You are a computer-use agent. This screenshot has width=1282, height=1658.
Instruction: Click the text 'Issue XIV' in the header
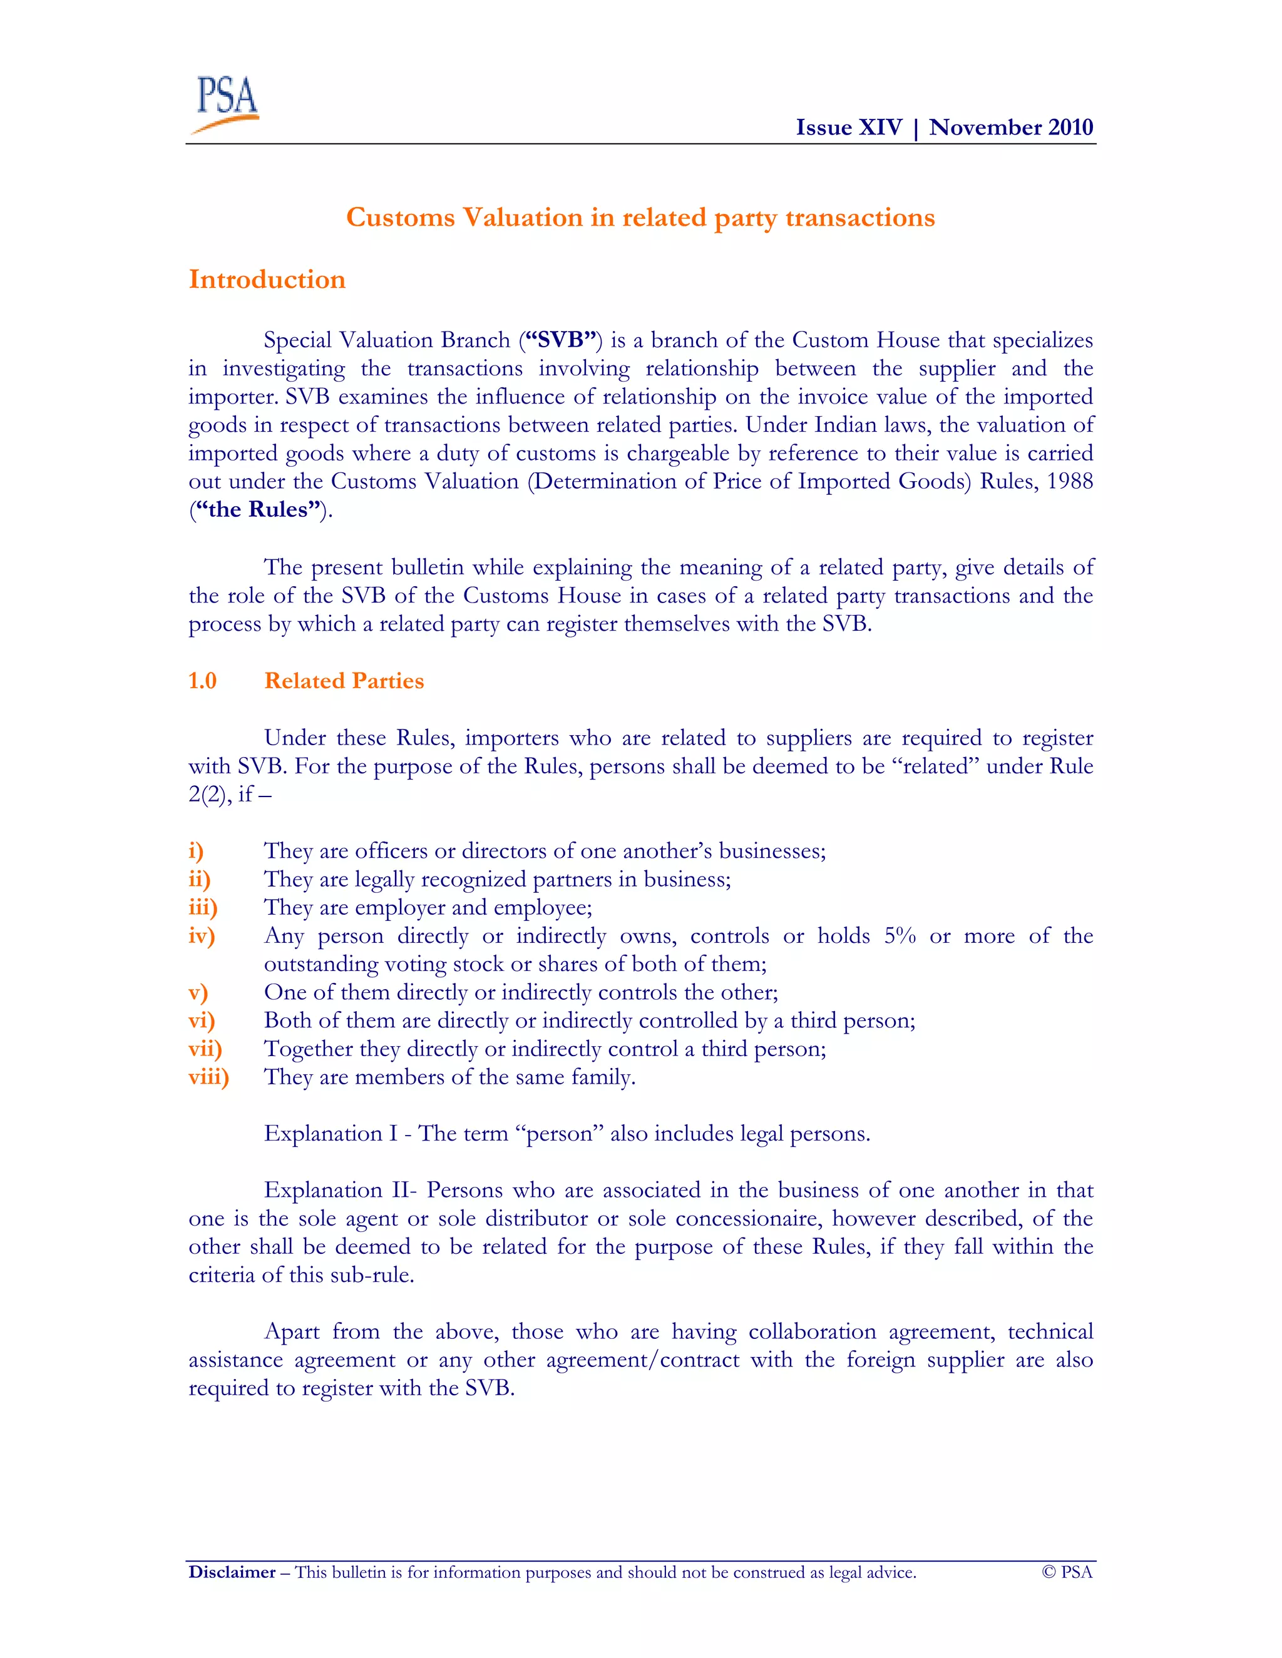(848, 127)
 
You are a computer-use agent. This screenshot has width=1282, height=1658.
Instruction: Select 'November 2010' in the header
(1011, 127)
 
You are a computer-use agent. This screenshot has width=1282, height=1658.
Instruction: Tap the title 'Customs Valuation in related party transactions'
(640, 217)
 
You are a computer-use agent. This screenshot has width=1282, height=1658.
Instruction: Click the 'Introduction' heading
(267, 280)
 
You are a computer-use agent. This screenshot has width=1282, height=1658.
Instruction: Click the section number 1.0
(202, 680)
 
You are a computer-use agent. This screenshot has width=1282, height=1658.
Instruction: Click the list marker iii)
(203, 907)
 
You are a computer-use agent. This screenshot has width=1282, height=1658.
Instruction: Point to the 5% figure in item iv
(900, 935)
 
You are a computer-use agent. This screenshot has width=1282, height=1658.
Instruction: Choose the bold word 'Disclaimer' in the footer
(232, 1572)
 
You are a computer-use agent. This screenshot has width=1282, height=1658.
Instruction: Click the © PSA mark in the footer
(1067, 1572)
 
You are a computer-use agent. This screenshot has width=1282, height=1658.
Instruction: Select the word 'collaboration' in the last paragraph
(812, 1331)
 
